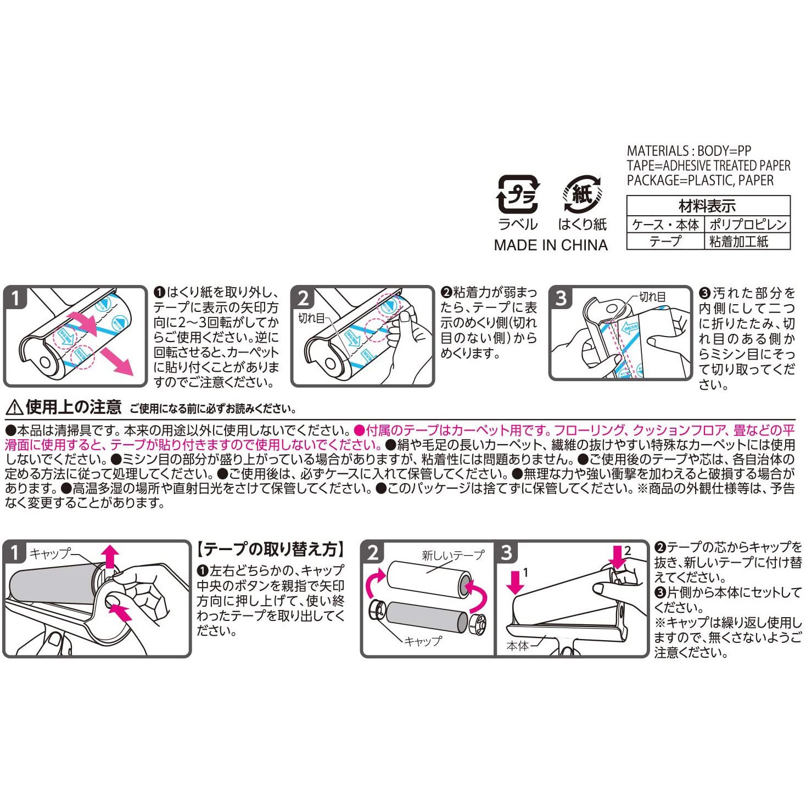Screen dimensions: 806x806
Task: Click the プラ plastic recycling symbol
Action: [x=517, y=194]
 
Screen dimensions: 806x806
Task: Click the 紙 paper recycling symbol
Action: [x=583, y=194]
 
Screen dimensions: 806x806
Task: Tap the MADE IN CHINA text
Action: [x=551, y=245]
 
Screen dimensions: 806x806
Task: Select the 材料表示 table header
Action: [x=707, y=206]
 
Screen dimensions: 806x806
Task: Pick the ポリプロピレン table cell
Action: [x=747, y=225]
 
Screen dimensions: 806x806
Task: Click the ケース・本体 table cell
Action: [x=665, y=225]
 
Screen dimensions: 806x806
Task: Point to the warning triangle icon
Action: [x=14, y=407]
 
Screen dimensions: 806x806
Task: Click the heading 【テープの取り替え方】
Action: [x=271, y=549]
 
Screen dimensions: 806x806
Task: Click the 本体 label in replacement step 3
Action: [x=518, y=646]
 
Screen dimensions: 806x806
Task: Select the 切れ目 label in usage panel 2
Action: [x=311, y=318]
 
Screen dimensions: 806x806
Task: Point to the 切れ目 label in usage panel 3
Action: [x=652, y=297]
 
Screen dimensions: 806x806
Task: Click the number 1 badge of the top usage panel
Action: [x=15, y=298]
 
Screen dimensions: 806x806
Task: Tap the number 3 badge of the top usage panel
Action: [x=561, y=298]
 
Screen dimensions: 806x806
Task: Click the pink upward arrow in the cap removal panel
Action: [x=111, y=556]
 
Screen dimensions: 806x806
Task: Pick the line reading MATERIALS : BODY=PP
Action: [x=689, y=151]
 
